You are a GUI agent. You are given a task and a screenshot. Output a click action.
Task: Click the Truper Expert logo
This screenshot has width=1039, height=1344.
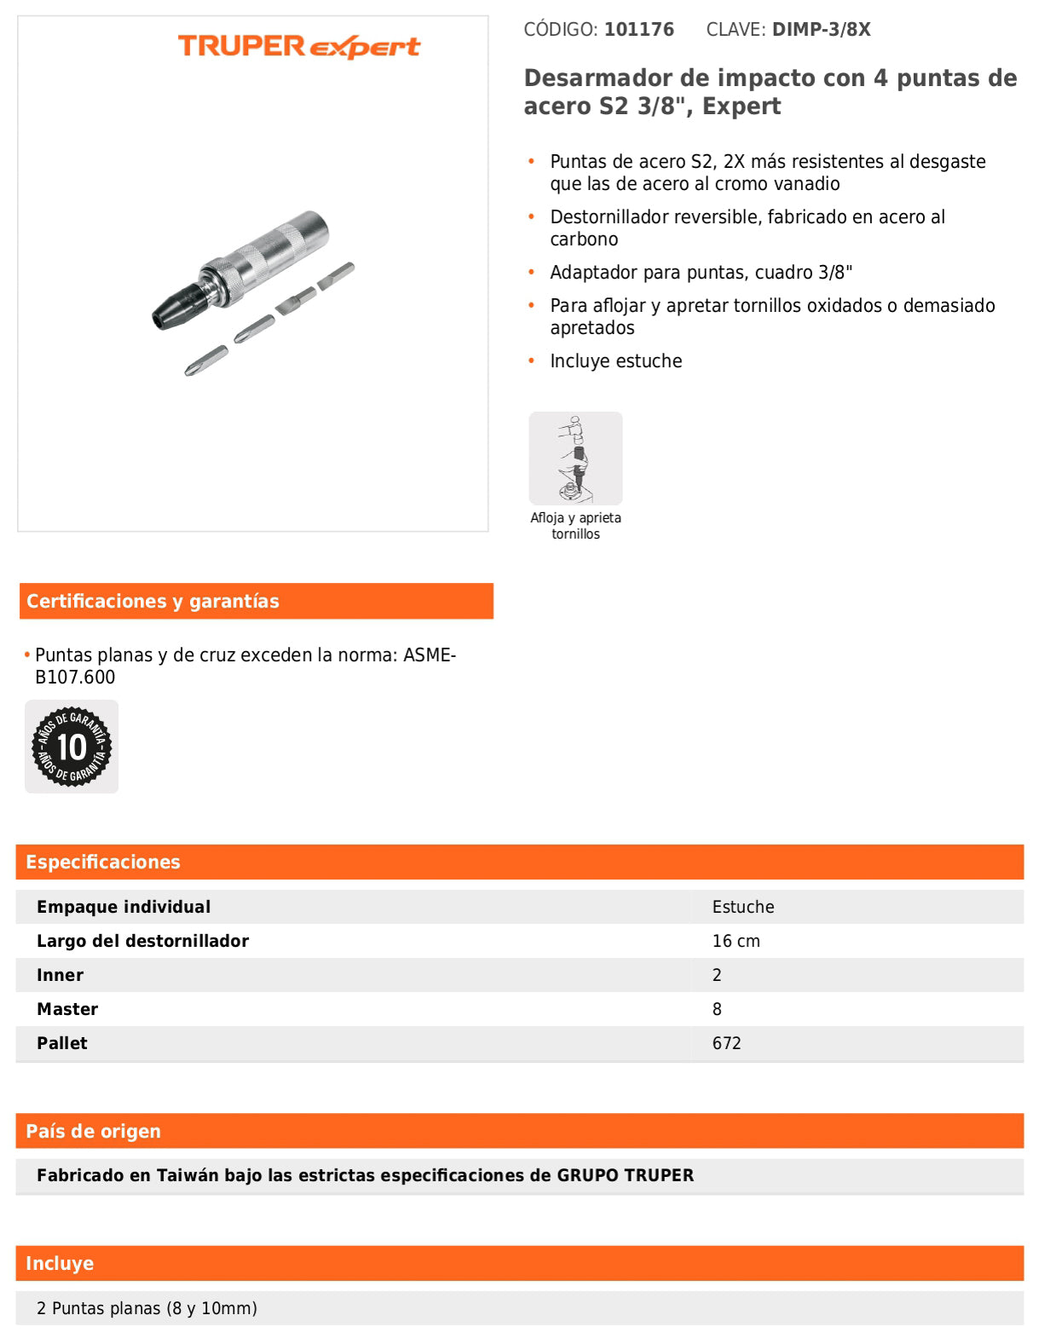[298, 46]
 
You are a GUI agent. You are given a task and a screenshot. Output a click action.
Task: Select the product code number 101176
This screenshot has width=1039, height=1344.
[639, 30]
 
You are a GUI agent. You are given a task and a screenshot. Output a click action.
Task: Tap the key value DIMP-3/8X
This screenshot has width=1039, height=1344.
[822, 30]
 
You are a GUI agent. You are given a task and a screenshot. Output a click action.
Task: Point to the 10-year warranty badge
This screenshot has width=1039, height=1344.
[72, 747]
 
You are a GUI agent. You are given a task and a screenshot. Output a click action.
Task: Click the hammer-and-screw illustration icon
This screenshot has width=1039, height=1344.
[575, 459]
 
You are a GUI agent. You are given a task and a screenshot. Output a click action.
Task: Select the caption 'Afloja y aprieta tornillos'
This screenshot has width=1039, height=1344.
[575, 526]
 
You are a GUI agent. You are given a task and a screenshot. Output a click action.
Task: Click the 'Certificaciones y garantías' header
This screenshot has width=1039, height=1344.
[153, 602]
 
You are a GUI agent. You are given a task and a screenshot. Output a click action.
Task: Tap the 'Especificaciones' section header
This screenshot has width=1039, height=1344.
[103, 862]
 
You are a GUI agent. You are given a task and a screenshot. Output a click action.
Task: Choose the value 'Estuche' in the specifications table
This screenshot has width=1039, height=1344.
[743, 908]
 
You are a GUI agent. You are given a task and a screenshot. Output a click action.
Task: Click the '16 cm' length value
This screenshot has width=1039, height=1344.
[736, 942]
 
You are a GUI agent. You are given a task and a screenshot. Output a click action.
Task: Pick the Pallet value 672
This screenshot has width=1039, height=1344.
[727, 1044]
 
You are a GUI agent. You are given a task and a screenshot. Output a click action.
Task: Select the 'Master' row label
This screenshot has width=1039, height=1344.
[67, 1010]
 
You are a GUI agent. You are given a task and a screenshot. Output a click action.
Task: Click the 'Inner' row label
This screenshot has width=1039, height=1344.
[61, 976]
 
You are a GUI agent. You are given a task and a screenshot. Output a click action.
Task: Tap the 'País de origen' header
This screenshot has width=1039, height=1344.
[94, 1132]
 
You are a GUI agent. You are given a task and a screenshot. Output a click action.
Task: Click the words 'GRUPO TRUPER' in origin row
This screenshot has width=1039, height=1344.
[626, 1176]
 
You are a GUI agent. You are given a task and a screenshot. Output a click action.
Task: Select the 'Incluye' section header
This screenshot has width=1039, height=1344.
[60, 1264]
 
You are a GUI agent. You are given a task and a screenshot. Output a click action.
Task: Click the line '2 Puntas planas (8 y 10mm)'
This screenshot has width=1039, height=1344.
[147, 1309]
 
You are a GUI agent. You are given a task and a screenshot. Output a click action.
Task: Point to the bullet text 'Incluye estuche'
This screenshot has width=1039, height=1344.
[616, 361]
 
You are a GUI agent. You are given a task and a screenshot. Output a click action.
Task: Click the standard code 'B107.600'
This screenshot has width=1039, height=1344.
[75, 678]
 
